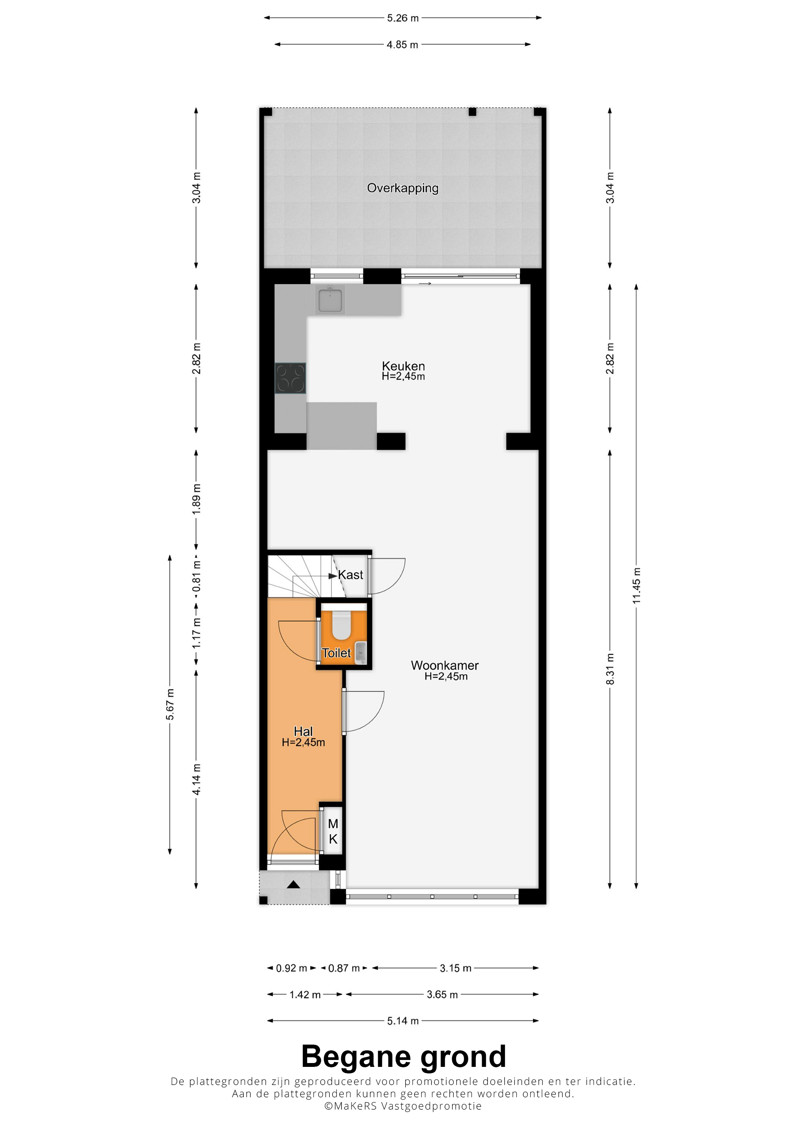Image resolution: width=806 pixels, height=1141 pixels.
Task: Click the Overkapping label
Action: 402,188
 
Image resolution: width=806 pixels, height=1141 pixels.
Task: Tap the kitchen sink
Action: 330,300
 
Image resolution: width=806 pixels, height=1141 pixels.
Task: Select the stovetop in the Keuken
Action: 291,378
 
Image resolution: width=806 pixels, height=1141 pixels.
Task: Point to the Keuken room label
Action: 403,366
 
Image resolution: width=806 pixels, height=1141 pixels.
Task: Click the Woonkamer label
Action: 445,666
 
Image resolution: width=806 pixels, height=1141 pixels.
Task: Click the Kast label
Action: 350,575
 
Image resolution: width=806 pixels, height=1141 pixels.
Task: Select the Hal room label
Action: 304,732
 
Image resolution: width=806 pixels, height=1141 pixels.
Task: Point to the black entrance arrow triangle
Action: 294,884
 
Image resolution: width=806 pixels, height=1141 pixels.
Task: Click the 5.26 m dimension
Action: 403,18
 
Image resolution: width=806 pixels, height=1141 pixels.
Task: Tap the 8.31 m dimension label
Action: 610,669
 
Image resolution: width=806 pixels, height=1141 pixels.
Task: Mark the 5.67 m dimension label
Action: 170,705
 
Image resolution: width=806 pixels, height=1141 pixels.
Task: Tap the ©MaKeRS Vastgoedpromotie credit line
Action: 403,1106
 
